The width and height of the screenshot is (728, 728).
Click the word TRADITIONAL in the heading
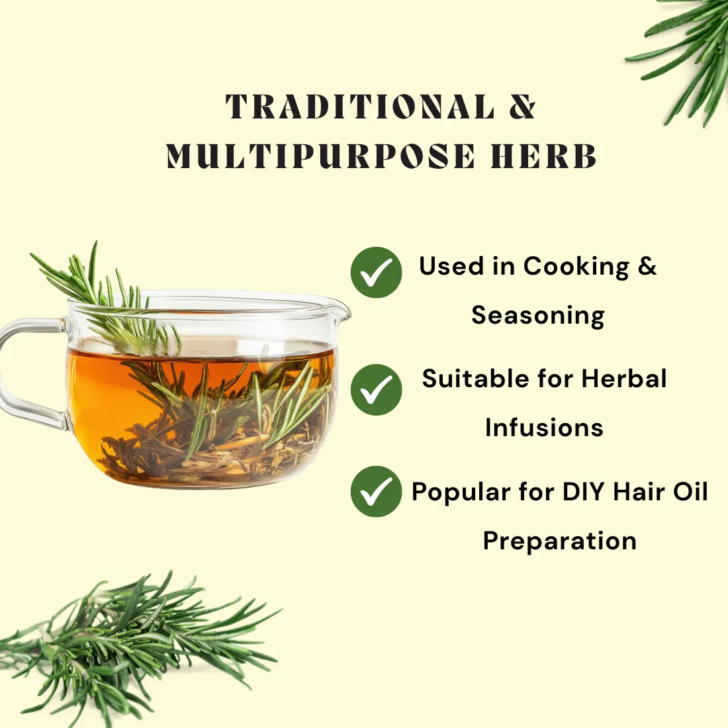[x=360, y=107]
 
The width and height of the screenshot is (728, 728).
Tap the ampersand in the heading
[x=522, y=107]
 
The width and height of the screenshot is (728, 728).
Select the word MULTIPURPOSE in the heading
[x=321, y=156]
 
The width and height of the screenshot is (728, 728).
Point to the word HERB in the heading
[x=543, y=156]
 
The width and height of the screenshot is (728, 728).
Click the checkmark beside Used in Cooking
[x=376, y=272]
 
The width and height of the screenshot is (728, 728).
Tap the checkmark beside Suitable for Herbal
[x=376, y=390]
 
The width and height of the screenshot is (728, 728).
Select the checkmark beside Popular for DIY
[x=376, y=491]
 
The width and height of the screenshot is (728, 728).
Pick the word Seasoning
[x=538, y=316]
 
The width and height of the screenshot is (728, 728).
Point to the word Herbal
[x=625, y=378]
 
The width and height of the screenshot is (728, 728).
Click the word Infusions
[x=544, y=427]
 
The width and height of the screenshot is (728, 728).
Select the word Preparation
[x=559, y=541]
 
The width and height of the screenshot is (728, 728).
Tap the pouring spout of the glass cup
[x=341, y=307]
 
